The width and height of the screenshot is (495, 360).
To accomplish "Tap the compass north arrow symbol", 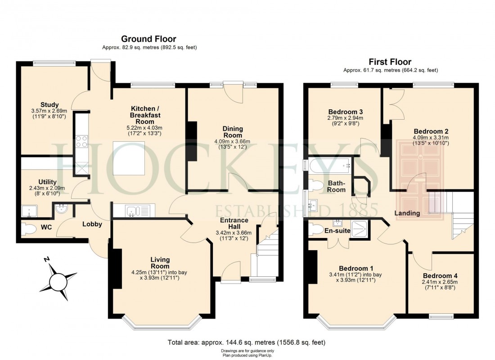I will (x=58, y=281).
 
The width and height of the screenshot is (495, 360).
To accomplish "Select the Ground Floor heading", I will (x=148, y=39).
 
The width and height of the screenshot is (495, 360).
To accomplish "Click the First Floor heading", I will (x=390, y=62).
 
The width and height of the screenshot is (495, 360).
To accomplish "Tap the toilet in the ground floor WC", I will (x=29, y=229).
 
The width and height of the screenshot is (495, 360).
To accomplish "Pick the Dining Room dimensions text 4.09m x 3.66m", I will (x=232, y=141).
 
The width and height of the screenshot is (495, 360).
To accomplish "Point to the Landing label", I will (x=407, y=213).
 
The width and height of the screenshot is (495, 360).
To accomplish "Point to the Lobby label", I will (x=92, y=224).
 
